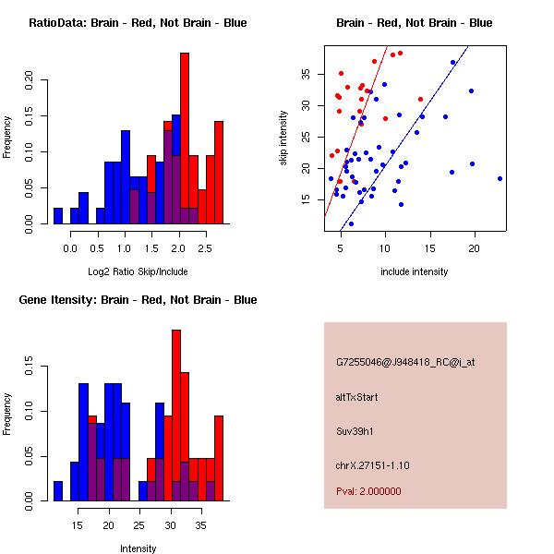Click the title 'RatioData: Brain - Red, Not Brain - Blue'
[x=137, y=23]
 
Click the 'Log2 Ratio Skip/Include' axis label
[x=137, y=271]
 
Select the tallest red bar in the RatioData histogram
[x=184, y=138]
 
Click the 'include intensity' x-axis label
[x=415, y=271]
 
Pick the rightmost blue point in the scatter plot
[x=500, y=178]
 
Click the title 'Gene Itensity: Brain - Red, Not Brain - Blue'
[x=137, y=300]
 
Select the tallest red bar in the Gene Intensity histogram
[x=176, y=415]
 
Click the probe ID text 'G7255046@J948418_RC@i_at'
[x=405, y=363]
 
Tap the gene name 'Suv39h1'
[x=355, y=430]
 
